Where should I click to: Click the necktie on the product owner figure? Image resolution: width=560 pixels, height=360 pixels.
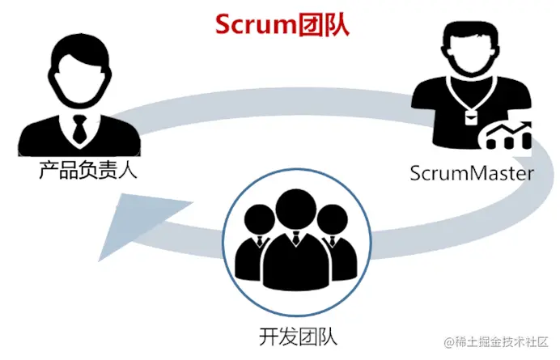pos(78,127)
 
